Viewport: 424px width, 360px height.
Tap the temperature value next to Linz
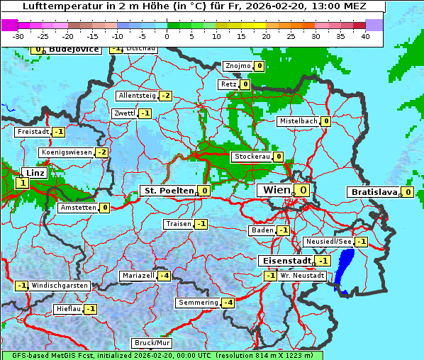coord(21,183)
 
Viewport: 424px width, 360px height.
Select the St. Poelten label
coord(169,191)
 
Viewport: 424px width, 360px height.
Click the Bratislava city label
coord(373,192)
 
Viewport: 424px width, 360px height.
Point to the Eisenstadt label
coord(284,261)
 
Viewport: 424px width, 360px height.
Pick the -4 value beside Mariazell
coord(164,276)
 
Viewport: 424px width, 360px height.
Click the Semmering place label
coord(199,303)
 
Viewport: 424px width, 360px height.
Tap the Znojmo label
coord(237,66)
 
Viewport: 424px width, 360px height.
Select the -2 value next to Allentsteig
coord(165,96)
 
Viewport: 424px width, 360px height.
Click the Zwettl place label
coord(124,113)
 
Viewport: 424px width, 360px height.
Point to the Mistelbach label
coord(298,121)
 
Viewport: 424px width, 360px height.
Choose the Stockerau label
coord(252,157)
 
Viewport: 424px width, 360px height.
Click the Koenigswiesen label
coord(67,152)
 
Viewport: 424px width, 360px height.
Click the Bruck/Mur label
coord(152,343)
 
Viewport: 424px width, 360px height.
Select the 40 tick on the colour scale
coord(365,35)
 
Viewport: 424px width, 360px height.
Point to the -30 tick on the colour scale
coord(18,35)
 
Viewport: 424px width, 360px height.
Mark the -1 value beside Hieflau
coord(90,309)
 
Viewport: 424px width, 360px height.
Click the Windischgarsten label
coord(60,286)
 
